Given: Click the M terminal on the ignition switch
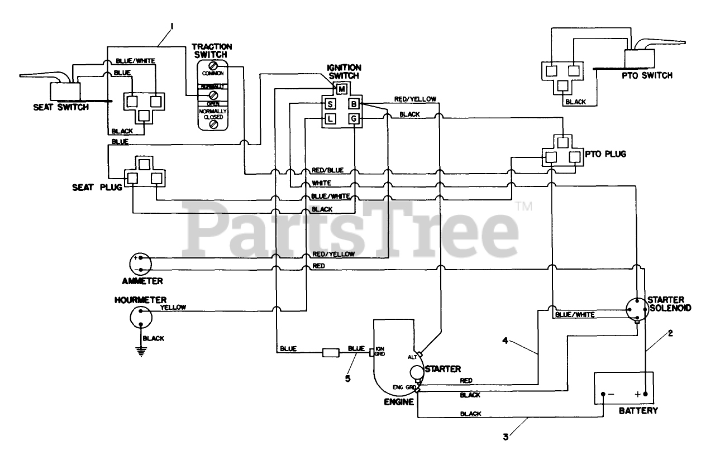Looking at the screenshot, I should (341, 89).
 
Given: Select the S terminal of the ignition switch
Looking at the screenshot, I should (330, 104).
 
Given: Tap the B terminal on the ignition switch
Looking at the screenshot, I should (354, 104).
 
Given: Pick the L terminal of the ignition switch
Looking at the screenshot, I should (330, 118).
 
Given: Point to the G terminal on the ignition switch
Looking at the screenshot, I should (354, 118).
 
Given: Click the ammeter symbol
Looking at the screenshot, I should (140, 263).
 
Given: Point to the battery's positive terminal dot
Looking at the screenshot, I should (646, 394).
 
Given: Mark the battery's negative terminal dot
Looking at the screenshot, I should (603, 394).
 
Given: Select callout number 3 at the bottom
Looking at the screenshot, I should (506, 438).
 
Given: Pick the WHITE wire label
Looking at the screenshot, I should (321, 183).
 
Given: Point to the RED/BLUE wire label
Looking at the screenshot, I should (327, 170).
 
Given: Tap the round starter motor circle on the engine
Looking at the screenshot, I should (417, 372).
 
